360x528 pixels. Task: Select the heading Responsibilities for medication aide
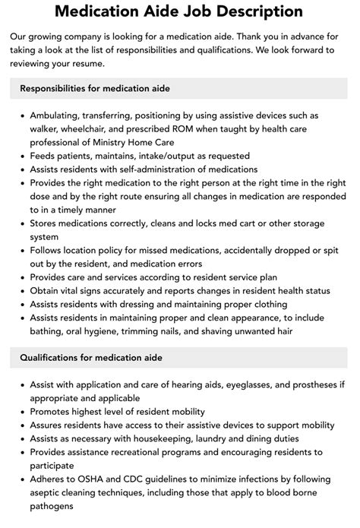[x=95, y=89]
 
